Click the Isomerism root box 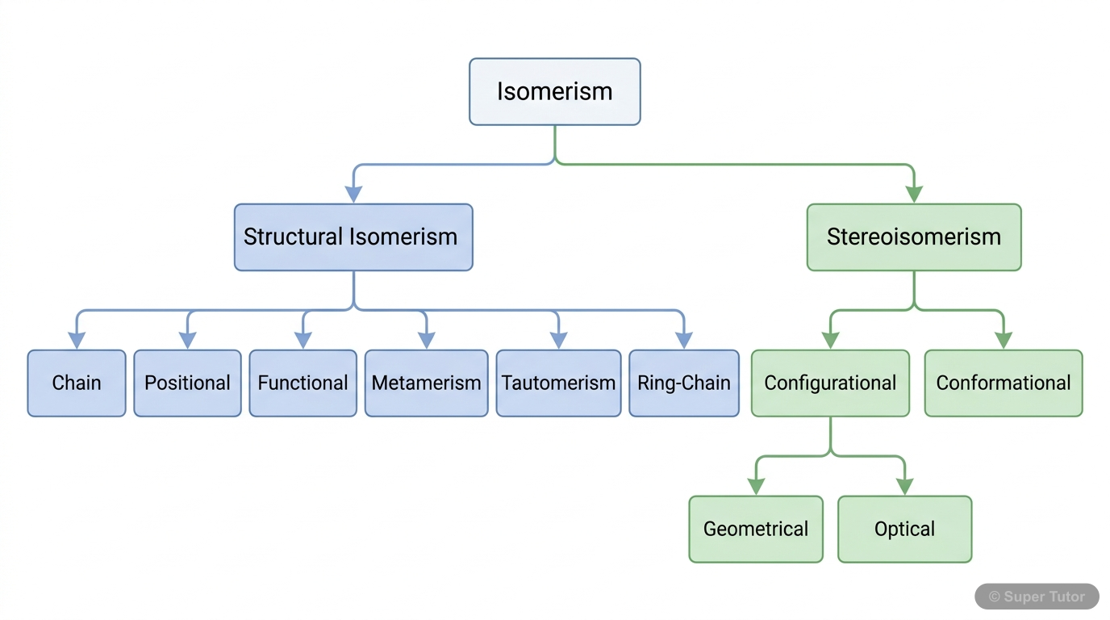click(554, 91)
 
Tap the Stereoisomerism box click(914, 237)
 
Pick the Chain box click(77, 383)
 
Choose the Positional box click(187, 383)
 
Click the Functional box click(303, 383)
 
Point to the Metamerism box click(426, 383)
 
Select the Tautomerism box click(558, 383)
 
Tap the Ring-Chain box click(683, 383)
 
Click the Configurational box click(830, 383)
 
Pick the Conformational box click(1004, 383)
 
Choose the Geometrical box click(756, 529)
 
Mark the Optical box click(904, 529)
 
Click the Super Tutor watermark click(1037, 597)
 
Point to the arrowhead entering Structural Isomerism click(353, 194)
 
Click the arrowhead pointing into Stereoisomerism click(914, 194)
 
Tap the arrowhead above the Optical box click(904, 486)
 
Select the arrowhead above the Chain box click(77, 340)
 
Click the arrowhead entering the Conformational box click(1004, 340)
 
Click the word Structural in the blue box click(294, 237)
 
